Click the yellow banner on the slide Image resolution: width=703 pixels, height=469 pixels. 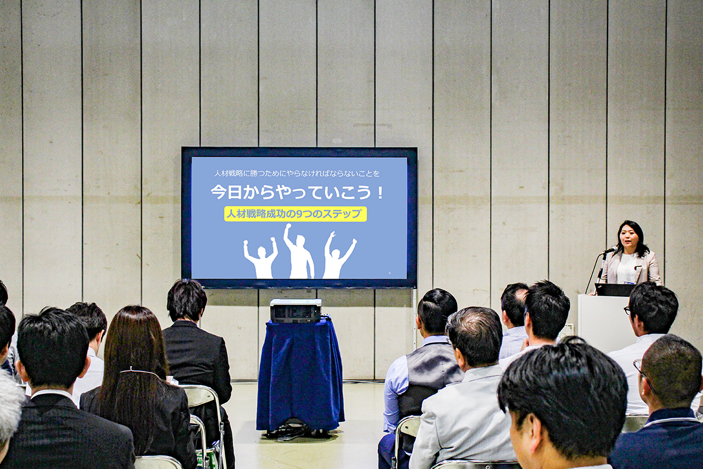coord(296,214)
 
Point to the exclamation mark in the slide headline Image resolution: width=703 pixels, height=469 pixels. coord(380,192)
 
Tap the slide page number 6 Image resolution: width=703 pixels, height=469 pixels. coord(390,273)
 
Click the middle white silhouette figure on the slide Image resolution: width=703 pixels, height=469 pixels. coord(298,252)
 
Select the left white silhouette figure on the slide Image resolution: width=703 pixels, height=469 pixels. coord(261,258)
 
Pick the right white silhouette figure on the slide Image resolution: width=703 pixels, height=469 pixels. coord(337,256)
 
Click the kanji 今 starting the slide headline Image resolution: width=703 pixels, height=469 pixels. coord(219,192)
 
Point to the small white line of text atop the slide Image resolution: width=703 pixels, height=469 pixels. coord(296,173)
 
